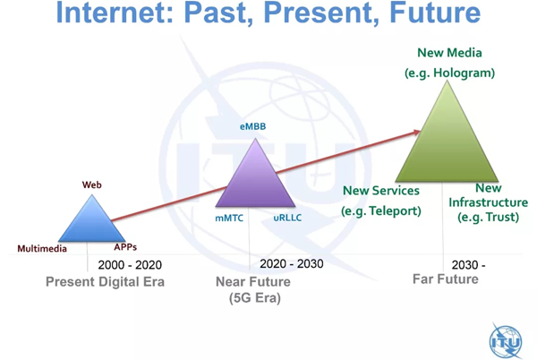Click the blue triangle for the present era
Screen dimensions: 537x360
(x=92, y=223)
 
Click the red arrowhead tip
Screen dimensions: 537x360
(x=421, y=131)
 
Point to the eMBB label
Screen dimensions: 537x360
(x=252, y=126)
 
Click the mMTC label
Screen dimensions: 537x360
(x=229, y=218)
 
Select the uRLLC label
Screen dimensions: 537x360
(x=287, y=218)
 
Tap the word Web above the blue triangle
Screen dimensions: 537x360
(x=92, y=185)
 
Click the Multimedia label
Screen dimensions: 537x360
(x=42, y=248)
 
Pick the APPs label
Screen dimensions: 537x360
(x=125, y=247)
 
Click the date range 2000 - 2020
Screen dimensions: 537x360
(x=130, y=265)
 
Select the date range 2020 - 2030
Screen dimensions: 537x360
(x=292, y=264)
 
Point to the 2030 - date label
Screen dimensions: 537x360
(x=468, y=265)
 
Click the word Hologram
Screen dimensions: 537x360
(x=463, y=73)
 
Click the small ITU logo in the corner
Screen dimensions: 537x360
(x=506, y=341)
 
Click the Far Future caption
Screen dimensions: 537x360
(x=445, y=279)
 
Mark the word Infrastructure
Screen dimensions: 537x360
(x=488, y=202)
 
